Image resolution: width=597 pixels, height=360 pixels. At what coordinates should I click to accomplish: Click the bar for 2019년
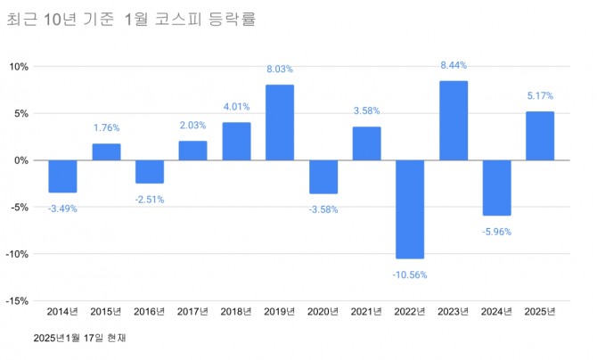pyautogui.click(x=279, y=122)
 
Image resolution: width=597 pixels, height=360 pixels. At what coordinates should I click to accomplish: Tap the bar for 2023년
pyautogui.click(x=453, y=120)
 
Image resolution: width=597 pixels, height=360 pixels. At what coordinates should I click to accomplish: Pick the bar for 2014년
pyautogui.click(x=62, y=176)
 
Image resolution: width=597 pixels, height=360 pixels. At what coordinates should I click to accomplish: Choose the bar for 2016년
pyautogui.click(x=149, y=172)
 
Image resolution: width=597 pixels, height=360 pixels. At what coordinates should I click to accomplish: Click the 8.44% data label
pyautogui.click(x=453, y=65)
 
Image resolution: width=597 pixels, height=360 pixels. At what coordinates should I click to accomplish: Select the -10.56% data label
pyautogui.click(x=409, y=274)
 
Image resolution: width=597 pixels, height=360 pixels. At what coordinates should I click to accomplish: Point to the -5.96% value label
pyautogui.click(x=496, y=232)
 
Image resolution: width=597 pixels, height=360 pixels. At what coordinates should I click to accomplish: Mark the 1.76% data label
pyautogui.click(x=106, y=128)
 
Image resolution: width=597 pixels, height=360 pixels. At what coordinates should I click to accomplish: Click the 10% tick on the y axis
pyautogui.click(x=19, y=67)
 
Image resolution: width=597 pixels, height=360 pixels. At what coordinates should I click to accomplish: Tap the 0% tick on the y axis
pyautogui.click(x=23, y=160)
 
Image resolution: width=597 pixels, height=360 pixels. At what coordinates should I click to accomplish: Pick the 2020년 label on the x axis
pyautogui.click(x=323, y=311)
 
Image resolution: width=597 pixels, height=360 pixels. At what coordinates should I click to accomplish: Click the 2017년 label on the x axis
pyautogui.click(x=192, y=311)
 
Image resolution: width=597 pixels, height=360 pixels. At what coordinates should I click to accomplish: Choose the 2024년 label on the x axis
pyautogui.click(x=496, y=311)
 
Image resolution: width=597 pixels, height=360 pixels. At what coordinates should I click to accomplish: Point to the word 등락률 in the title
pyautogui.click(x=230, y=20)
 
